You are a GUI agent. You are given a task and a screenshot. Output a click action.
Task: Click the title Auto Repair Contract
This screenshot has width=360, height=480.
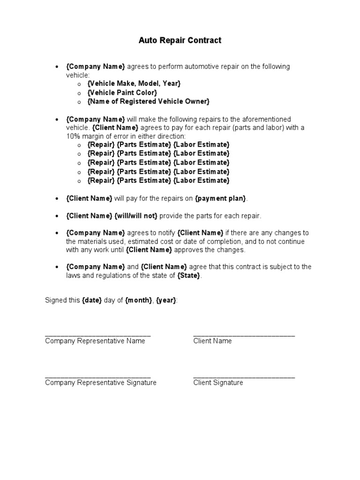pos(180,40)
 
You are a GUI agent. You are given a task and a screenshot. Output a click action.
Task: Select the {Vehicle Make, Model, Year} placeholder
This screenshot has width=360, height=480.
pos(134,83)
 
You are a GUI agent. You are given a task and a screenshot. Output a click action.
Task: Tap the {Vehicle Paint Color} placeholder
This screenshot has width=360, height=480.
pos(122,92)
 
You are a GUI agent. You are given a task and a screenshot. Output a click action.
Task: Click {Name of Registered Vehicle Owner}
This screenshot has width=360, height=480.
pos(148,101)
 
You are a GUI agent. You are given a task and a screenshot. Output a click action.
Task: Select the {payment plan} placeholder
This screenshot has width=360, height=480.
pos(220,198)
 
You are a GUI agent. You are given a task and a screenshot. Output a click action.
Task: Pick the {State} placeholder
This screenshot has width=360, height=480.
pos(188,276)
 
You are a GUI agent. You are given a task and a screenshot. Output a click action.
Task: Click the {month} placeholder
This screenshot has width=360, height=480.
pos(138,300)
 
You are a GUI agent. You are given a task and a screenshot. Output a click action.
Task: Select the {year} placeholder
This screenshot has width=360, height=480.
pos(166,300)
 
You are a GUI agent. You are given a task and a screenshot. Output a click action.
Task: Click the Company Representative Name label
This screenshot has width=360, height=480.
pos(95,341)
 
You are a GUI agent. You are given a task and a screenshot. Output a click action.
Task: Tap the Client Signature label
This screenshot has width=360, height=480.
pos(218,382)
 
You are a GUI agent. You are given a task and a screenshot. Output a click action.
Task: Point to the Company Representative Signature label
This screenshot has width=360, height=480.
pos(100,382)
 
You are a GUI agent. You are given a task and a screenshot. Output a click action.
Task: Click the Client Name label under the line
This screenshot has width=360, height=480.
pos(212,341)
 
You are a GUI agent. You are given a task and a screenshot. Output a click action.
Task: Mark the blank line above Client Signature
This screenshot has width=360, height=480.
pos(244,376)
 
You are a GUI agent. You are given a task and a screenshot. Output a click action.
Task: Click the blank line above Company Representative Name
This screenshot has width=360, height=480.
pos(97,335)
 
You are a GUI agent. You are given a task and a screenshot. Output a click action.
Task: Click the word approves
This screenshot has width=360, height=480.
pos(188,250)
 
